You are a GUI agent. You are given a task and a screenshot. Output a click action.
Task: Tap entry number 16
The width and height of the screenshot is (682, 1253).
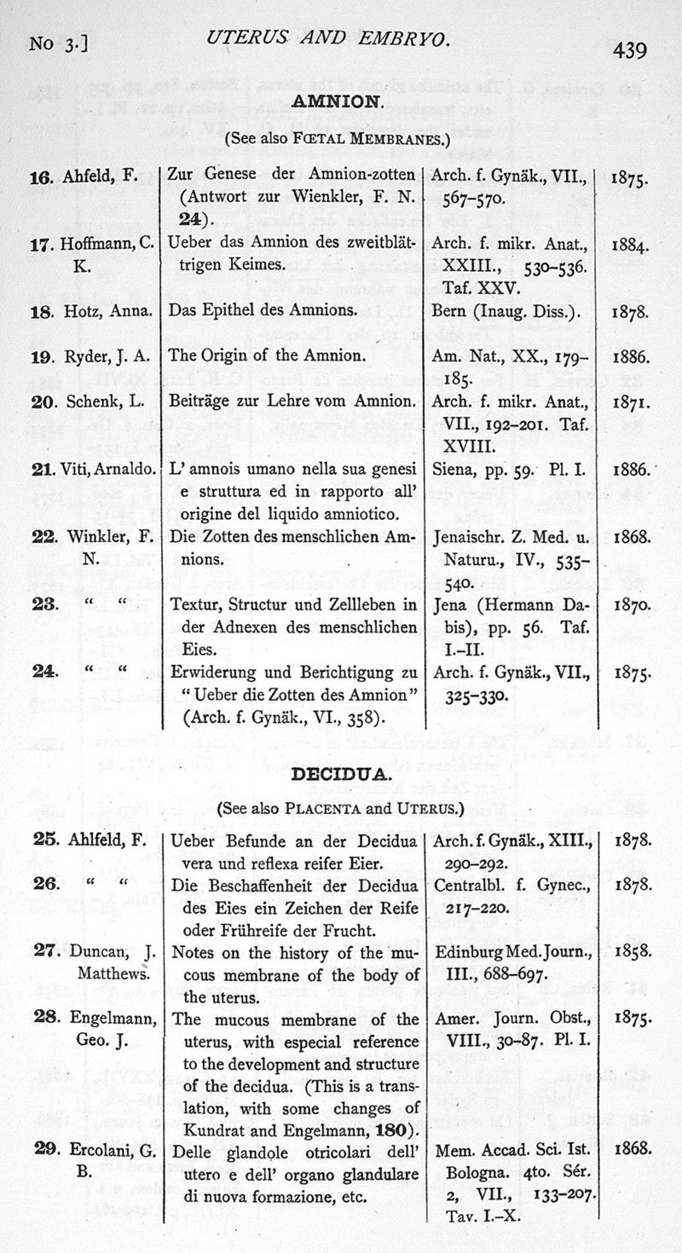click(42, 177)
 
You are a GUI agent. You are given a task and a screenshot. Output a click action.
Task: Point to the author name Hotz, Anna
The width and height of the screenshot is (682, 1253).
click(107, 310)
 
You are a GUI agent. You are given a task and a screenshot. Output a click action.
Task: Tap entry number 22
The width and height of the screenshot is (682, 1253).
click(43, 539)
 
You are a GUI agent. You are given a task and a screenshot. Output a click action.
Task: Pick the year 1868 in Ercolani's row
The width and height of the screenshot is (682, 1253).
click(632, 1151)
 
